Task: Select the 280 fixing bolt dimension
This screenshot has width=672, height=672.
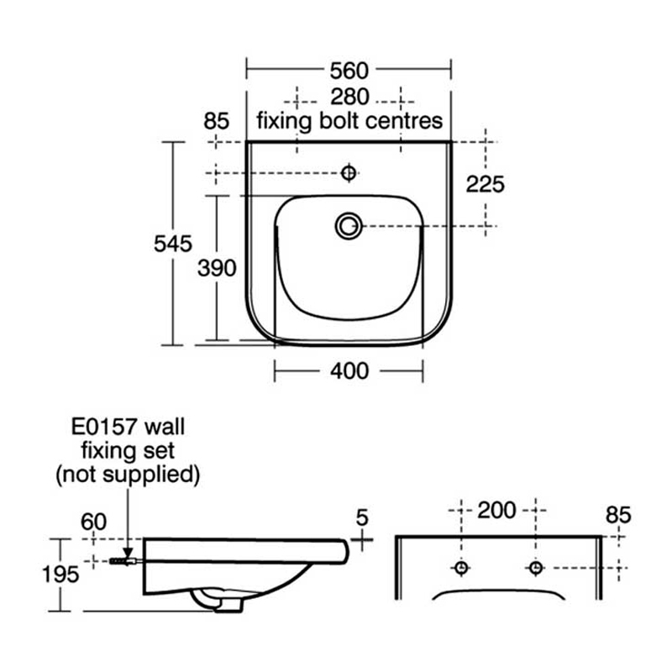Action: click(349, 95)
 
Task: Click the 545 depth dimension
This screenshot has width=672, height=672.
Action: click(174, 244)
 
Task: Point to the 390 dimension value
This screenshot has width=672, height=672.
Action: click(216, 268)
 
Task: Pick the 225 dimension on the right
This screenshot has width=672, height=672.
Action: click(486, 184)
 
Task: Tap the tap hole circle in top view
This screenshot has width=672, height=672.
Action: click(349, 173)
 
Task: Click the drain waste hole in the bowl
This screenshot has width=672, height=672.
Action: click(349, 225)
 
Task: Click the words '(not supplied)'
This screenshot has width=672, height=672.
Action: click(128, 474)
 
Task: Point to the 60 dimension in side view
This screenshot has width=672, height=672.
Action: click(94, 522)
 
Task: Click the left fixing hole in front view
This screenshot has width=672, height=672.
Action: click(460, 568)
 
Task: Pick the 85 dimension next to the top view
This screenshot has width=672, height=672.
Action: click(217, 121)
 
